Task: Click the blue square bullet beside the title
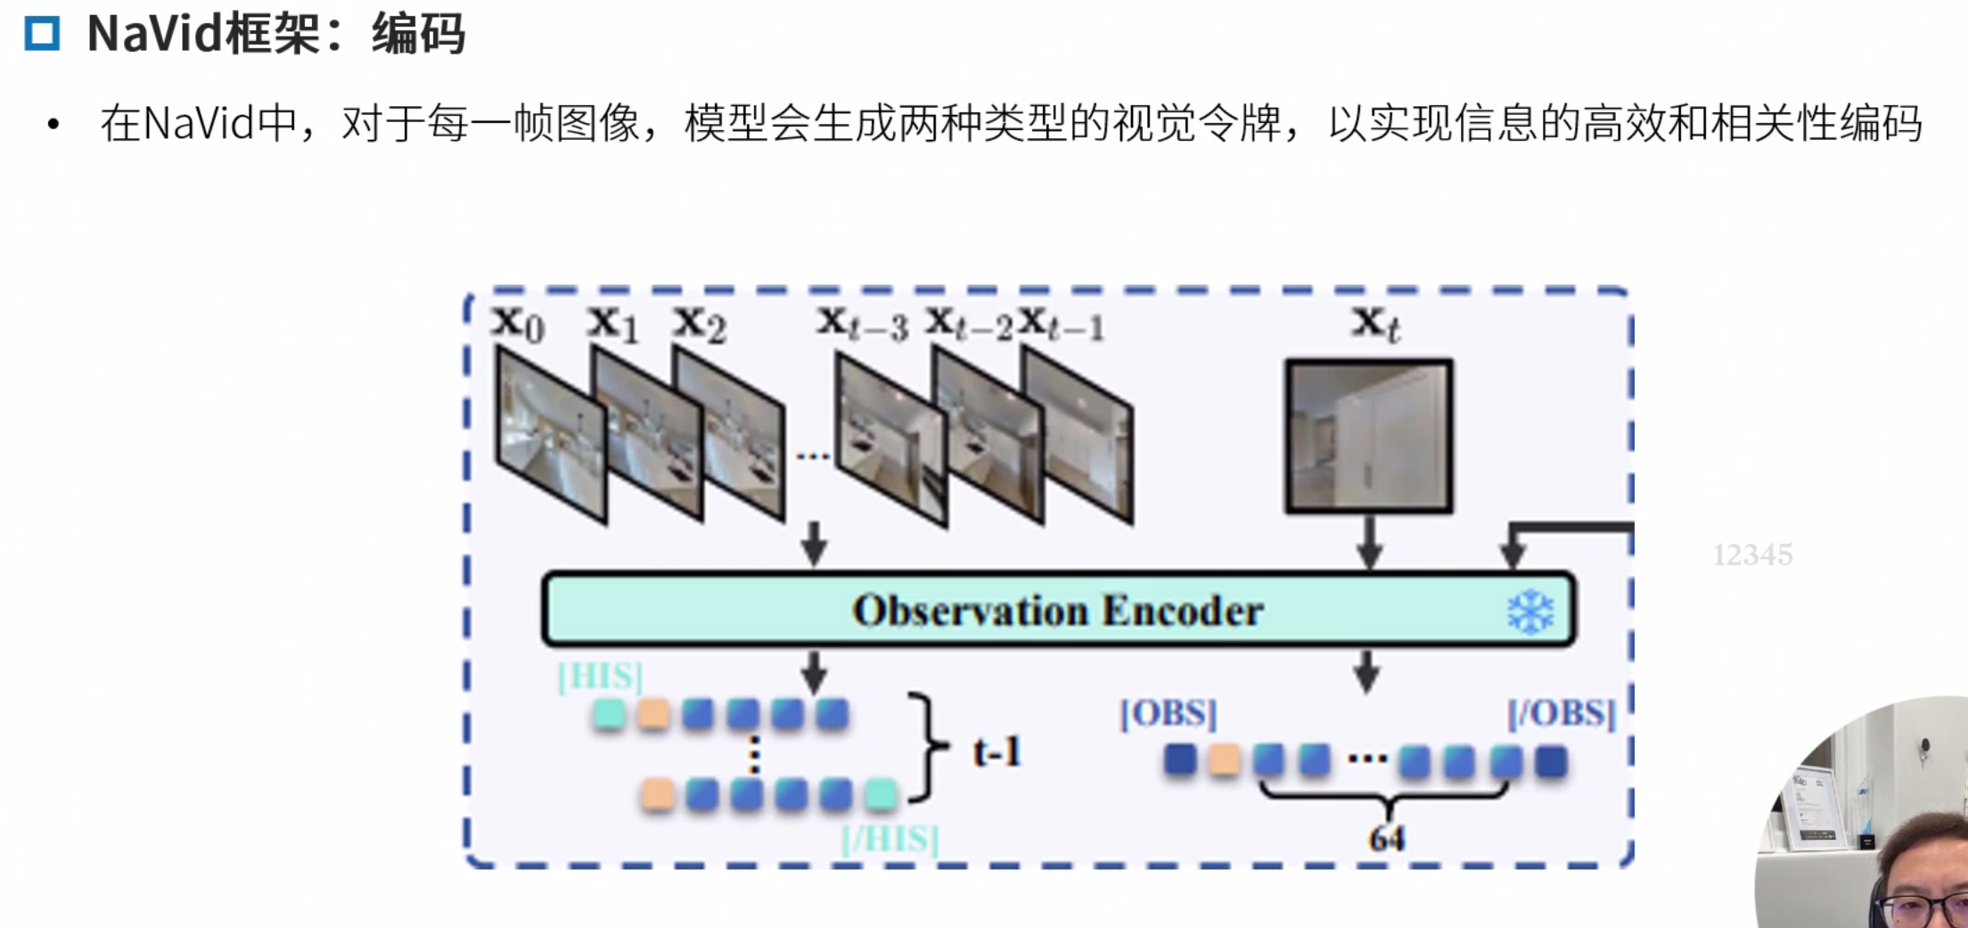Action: pyautogui.click(x=42, y=34)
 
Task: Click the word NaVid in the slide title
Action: pyautogui.click(x=154, y=34)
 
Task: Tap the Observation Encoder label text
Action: pyautogui.click(x=1057, y=611)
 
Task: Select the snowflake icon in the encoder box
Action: pyautogui.click(x=1529, y=612)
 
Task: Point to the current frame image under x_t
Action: pyautogui.click(x=1368, y=436)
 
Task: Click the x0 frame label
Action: pyautogui.click(x=518, y=323)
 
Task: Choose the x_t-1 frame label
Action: pyautogui.click(x=1062, y=324)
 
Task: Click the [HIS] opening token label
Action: pyautogui.click(x=600, y=676)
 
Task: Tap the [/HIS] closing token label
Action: pyautogui.click(x=890, y=839)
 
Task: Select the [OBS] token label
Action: pyautogui.click(x=1168, y=713)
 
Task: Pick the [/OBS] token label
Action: pyautogui.click(x=1561, y=713)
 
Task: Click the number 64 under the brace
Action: pyautogui.click(x=1387, y=838)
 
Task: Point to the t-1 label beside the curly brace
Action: pyautogui.click(x=996, y=752)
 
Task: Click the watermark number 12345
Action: pyautogui.click(x=1752, y=554)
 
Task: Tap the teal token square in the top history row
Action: pyautogui.click(x=609, y=714)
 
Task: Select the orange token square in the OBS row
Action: pyautogui.click(x=1225, y=760)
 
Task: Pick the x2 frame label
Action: pyautogui.click(x=701, y=324)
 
